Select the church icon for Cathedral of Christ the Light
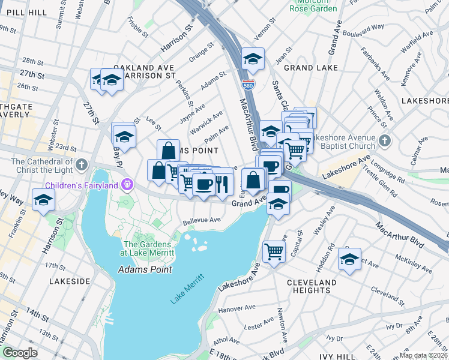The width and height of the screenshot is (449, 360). coord(82,163)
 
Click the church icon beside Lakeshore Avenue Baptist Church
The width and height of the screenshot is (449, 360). coord(385,142)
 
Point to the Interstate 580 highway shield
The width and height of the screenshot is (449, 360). coord(247,85)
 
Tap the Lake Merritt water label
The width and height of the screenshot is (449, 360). coord(187,289)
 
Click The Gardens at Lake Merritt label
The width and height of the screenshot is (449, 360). coord(149,248)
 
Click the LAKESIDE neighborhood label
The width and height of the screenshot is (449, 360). coord(70,281)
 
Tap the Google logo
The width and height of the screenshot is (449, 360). coord(20,352)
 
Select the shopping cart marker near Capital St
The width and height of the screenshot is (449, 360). coord(274,251)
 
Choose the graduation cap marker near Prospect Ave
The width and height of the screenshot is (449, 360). coord(349,259)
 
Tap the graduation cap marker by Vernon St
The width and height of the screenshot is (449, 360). coord(253,58)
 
